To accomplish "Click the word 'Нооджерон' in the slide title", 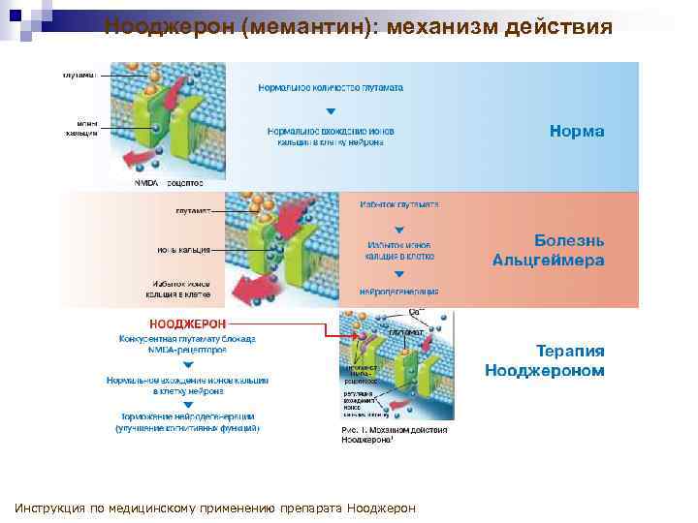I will pyautogui.click(x=169, y=26).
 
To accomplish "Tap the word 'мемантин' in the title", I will pyautogui.click(x=307, y=26).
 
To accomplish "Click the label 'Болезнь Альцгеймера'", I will pyautogui.click(x=548, y=250).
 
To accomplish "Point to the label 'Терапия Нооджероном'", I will pyautogui.click(x=544, y=360).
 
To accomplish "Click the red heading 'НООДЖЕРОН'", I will pyautogui.click(x=187, y=323).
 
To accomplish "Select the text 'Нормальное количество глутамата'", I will pyautogui.click(x=331, y=87).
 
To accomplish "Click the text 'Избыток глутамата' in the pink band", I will pyautogui.click(x=398, y=205).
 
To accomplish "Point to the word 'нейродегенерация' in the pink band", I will pyautogui.click(x=398, y=291).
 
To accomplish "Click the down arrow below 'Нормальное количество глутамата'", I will pyautogui.click(x=331, y=111).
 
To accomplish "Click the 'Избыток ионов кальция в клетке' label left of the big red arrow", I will pyautogui.click(x=180, y=288).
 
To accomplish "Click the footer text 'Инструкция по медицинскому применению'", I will pyautogui.click(x=145, y=508).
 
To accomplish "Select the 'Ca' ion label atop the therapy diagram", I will pyautogui.click(x=416, y=312).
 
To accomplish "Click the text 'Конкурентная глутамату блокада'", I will pyautogui.click(x=187, y=339).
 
